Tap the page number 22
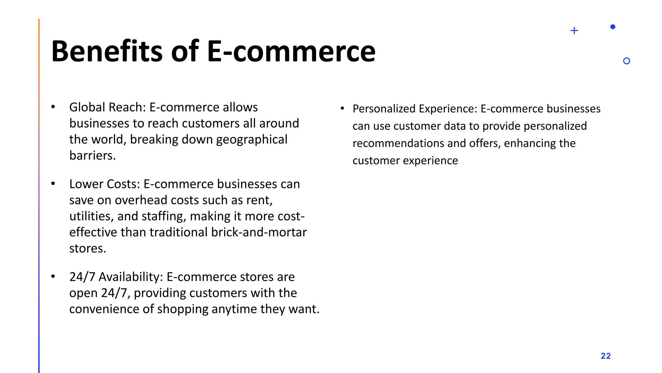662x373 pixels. pyautogui.click(x=605, y=356)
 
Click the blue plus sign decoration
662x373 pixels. pyautogui.click(x=574, y=31)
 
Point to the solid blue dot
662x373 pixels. pyautogui.click(x=613, y=27)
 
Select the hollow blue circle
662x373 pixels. pyautogui.click(x=626, y=61)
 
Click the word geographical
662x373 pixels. pyautogui.click(x=251, y=140)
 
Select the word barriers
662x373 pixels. pyautogui.click(x=92, y=156)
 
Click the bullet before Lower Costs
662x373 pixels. pyautogui.click(x=53, y=184)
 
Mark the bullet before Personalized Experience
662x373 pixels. pyautogui.click(x=342, y=108)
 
